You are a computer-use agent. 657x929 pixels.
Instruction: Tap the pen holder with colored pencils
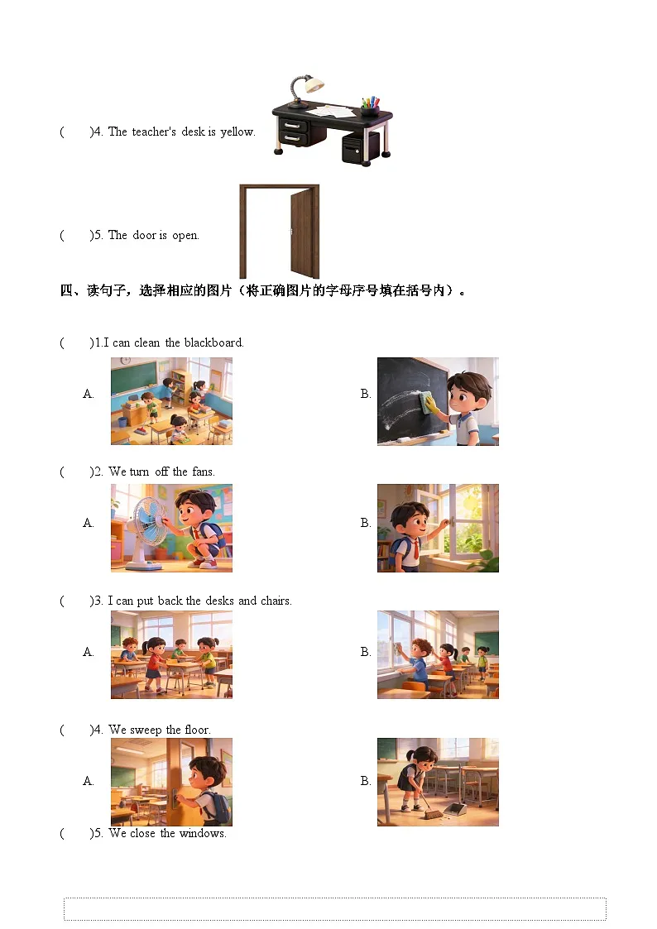[370, 105]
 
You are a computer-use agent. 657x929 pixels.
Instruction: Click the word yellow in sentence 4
[237, 132]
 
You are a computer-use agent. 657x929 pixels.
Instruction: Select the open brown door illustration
[280, 231]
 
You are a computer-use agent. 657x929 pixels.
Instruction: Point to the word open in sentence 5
[185, 235]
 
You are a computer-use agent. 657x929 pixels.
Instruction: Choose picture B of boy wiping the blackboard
[438, 401]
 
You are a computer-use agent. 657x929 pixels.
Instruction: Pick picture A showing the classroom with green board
[171, 401]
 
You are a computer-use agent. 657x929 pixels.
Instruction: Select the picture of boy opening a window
[438, 528]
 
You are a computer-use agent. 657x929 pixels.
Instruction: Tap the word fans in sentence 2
[203, 472]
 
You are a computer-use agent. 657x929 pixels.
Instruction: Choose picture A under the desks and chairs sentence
[171, 654]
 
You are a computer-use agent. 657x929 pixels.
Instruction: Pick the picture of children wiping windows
[438, 654]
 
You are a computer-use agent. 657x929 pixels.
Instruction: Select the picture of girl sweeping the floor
[438, 782]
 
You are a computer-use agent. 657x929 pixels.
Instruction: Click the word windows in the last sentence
[203, 833]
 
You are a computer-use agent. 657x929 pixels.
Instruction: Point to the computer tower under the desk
[361, 149]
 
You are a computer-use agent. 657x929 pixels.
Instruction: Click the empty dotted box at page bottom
[334, 908]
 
